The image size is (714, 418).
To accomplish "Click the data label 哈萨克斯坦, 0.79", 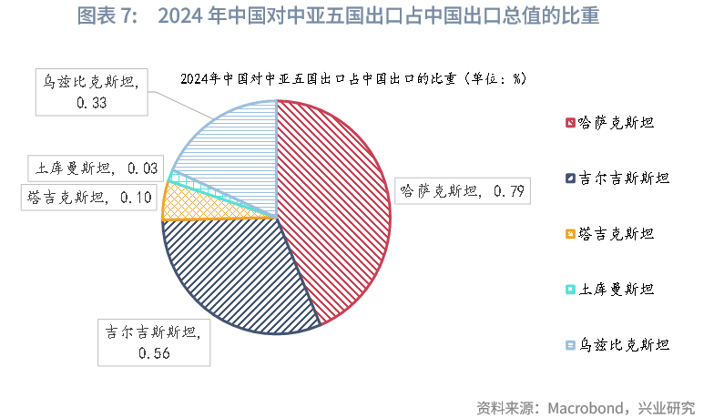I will coord(462,191).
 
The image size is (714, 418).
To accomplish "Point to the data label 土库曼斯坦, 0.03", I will coord(95,168).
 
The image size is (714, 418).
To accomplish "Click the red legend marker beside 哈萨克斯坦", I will coord(570,122).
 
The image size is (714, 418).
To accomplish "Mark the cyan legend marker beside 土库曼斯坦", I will coord(570,290).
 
